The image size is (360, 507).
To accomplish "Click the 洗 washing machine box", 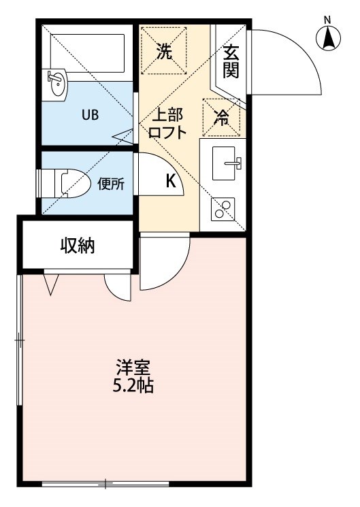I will (164, 49).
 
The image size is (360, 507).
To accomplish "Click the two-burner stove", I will (223, 208).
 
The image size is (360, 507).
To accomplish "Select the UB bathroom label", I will (90, 114).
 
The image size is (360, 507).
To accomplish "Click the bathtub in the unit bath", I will (87, 50).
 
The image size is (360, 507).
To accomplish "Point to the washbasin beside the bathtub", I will (56, 84).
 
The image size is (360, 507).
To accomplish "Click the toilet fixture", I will (65, 183).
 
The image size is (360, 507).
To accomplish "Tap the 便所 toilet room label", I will (110, 184).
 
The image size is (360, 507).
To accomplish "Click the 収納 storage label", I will (76, 246).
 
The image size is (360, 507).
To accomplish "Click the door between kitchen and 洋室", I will (163, 262).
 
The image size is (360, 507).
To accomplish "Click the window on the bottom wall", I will (105, 484).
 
